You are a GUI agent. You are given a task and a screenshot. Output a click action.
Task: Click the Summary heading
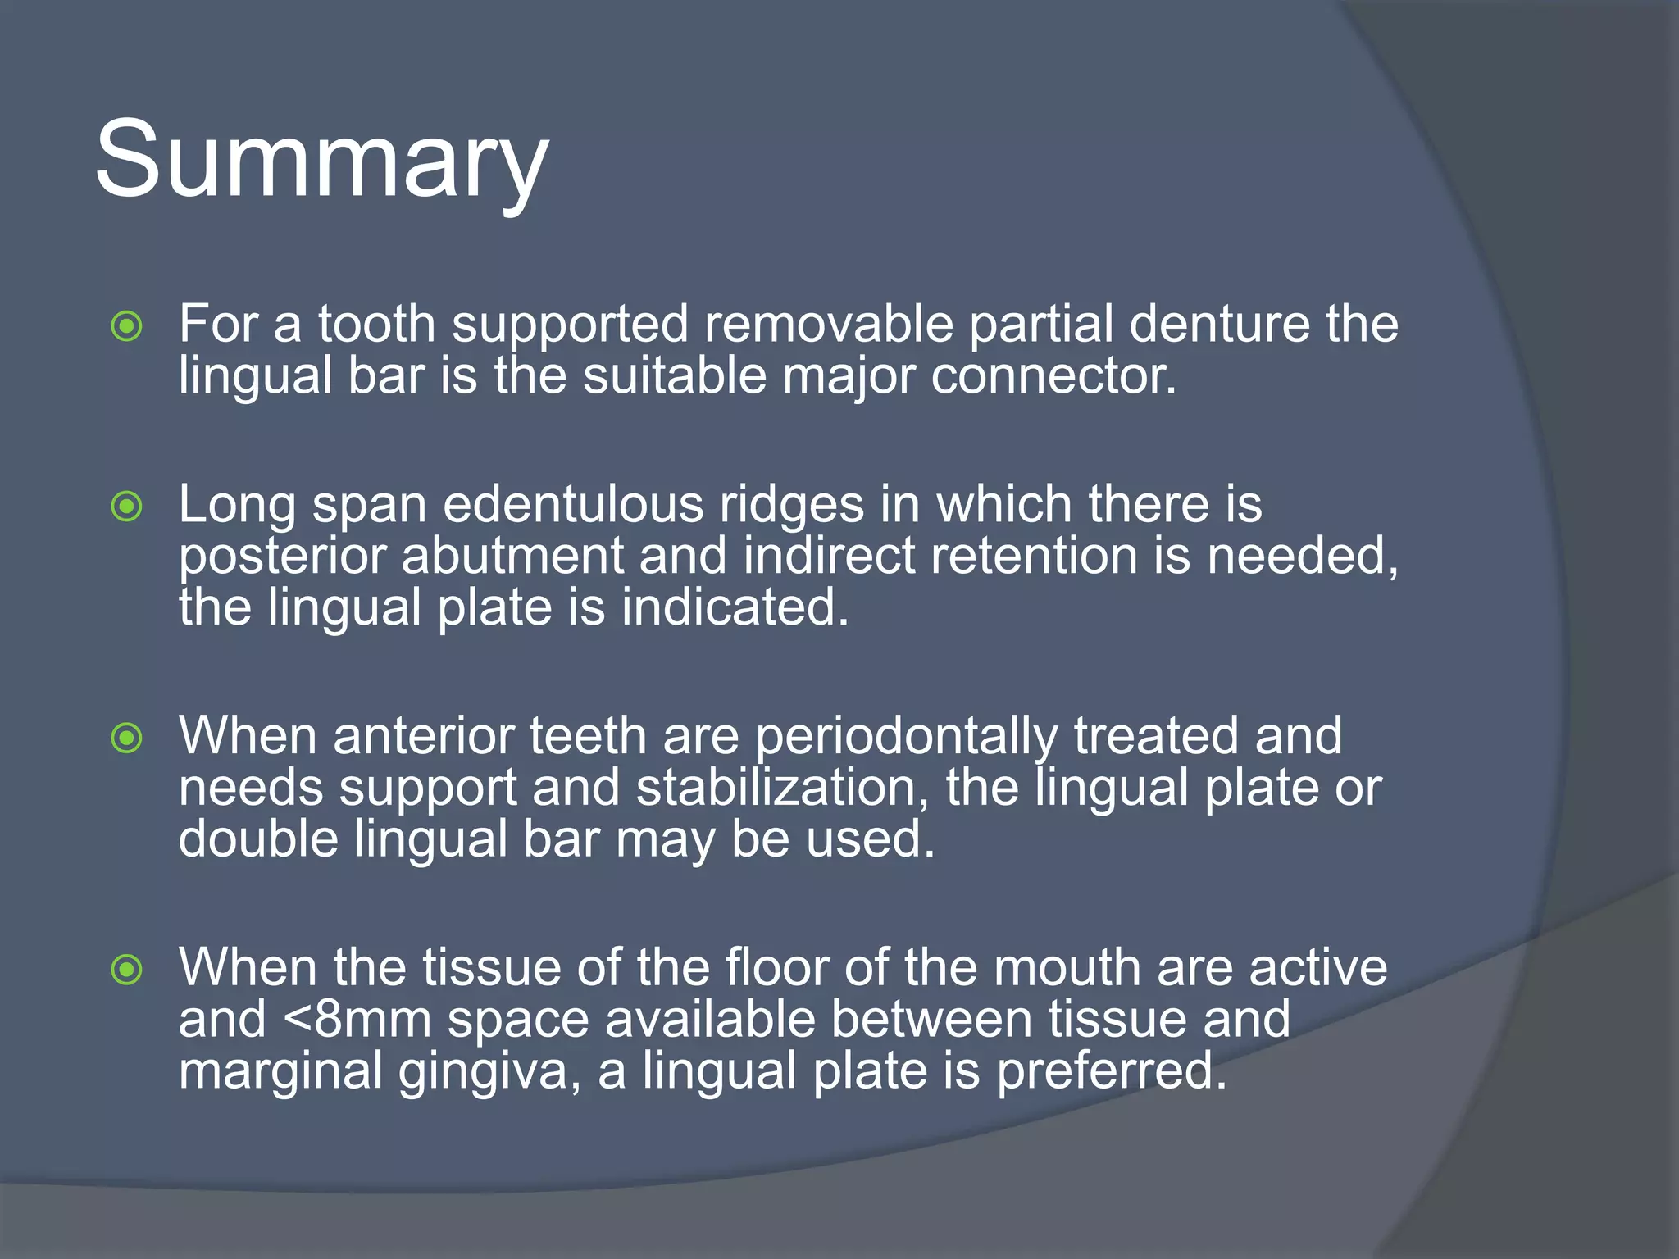point(321,160)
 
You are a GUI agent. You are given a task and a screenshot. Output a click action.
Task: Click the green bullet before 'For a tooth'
point(127,327)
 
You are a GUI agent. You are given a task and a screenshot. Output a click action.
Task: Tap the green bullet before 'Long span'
point(127,507)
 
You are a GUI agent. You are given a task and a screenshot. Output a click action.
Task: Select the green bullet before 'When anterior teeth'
point(127,739)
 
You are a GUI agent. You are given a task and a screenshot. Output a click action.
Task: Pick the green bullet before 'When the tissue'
point(127,970)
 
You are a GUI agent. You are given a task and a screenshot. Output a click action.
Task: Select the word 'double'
point(258,839)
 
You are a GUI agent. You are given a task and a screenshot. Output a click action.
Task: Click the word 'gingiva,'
point(491,1072)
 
